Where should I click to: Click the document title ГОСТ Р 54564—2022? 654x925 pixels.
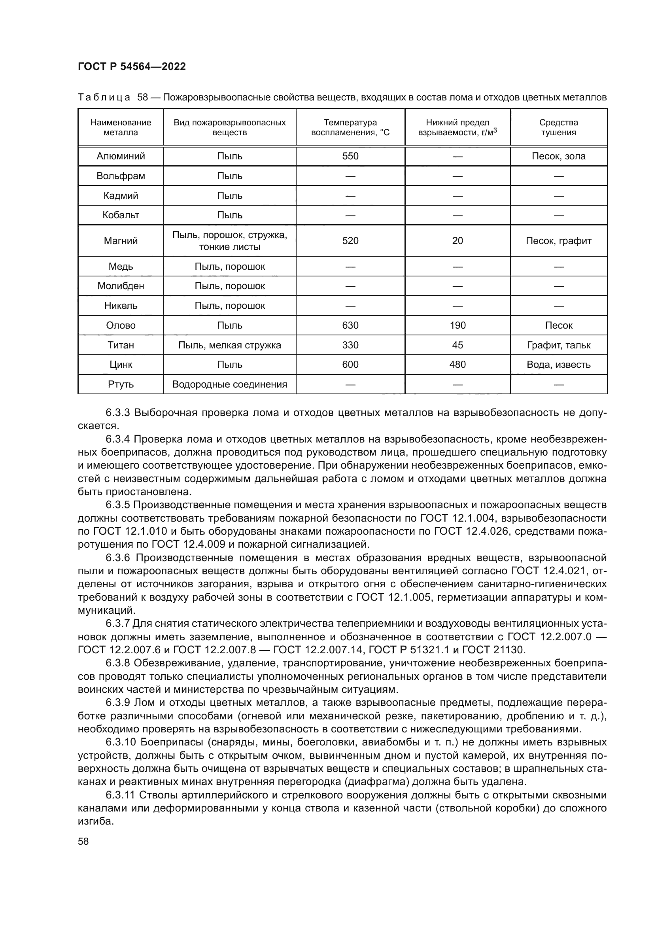point(132,67)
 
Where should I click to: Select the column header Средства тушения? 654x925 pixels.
point(558,127)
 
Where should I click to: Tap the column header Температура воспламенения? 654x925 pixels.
point(350,127)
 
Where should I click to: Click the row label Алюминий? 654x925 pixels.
point(121,156)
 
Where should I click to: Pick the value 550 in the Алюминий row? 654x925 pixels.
point(350,156)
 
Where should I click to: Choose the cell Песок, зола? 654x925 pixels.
point(558,156)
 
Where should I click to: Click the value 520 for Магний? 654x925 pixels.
point(350,241)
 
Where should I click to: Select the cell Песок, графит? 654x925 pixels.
point(558,241)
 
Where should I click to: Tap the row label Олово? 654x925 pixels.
point(121,325)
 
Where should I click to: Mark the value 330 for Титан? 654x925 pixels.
point(350,345)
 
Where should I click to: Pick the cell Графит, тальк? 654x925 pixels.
point(558,345)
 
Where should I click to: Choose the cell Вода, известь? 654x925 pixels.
point(558,365)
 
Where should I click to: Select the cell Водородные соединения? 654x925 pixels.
point(230,384)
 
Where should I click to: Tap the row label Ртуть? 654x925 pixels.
point(121,384)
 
